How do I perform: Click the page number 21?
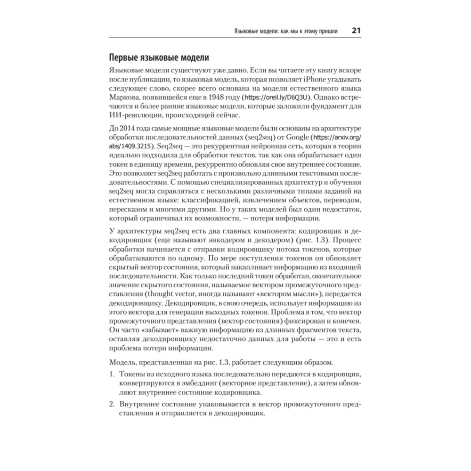click(x=356, y=31)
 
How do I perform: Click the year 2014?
click(x=129, y=129)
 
